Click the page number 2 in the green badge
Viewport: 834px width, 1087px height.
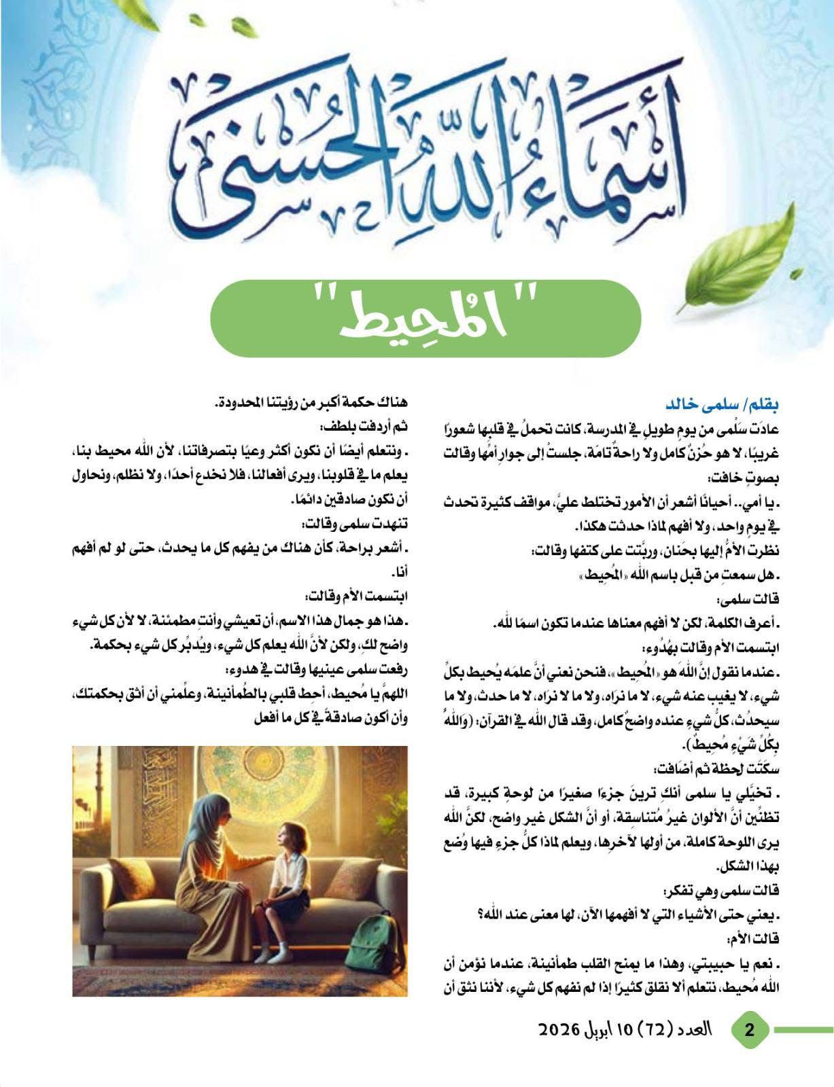pyautogui.click(x=750, y=1030)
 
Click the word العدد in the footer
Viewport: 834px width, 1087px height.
pyautogui.click(x=693, y=1030)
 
